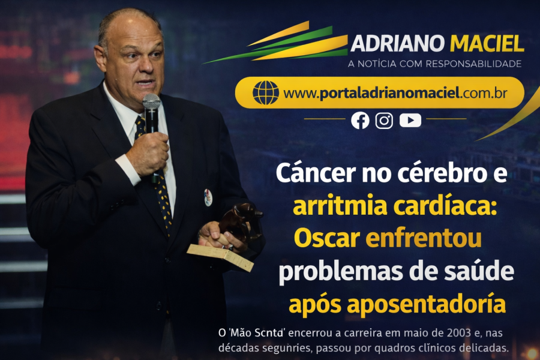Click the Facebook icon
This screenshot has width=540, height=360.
pyautogui.click(x=360, y=120)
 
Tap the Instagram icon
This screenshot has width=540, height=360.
pyautogui.click(x=384, y=120)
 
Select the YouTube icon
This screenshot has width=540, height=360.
pyautogui.click(x=410, y=120)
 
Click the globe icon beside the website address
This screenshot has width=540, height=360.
pyautogui.click(x=265, y=92)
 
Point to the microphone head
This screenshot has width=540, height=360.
pyautogui.click(x=151, y=103)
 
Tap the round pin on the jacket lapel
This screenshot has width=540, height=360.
pyautogui.click(x=208, y=197)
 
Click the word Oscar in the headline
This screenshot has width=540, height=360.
pyautogui.click(x=326, y=239)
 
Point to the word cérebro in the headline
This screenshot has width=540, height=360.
pyautogui.click(x=436, y=174)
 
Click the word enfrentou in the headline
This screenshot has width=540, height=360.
pyautogui.click(x=424, y=239)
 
